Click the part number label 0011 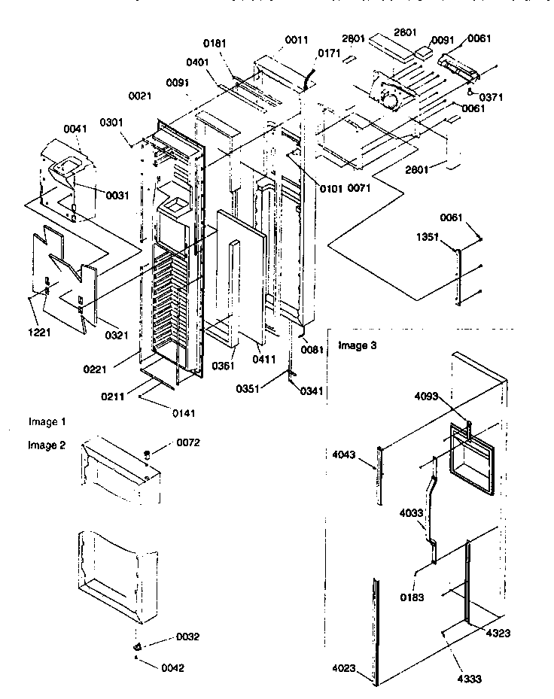click(x=296, y=39)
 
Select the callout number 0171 click(x=328, y=53)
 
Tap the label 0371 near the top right click(x=490, y=97)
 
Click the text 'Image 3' click(x=356, y=346)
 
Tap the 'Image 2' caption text click(x=47, y=445)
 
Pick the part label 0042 click(x=169, y=667)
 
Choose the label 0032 click(x=188, y=637)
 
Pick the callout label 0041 click(x=54, y=129)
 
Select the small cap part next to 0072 click(x=148, y=454)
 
